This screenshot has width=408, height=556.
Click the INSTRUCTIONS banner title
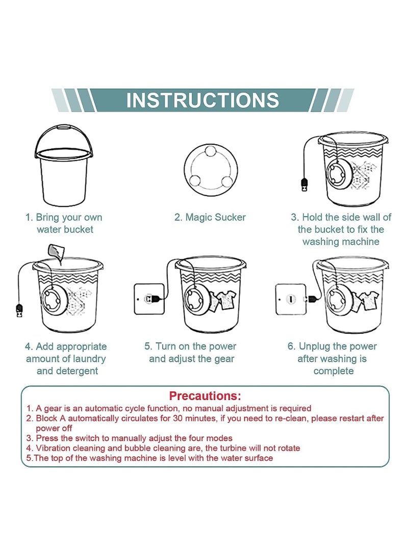202,100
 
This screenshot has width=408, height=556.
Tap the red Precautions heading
205,396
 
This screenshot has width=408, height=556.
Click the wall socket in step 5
149,299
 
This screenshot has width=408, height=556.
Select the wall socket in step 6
291,299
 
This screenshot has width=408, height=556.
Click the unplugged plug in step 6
312,299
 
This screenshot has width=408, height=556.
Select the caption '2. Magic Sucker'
210,218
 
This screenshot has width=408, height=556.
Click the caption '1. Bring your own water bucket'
64,223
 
